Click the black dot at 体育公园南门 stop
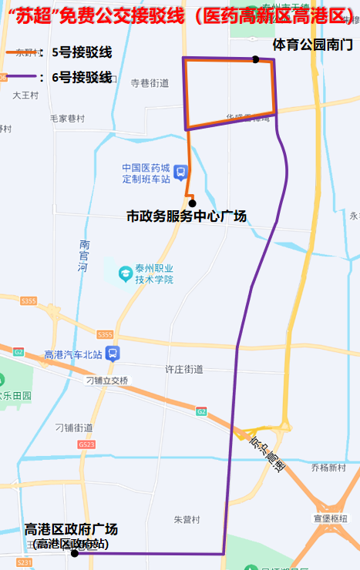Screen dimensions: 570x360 255,59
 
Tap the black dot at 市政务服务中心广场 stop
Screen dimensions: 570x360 192,203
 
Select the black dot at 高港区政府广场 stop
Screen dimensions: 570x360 75,553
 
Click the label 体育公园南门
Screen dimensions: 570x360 312,45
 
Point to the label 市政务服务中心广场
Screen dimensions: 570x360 187,217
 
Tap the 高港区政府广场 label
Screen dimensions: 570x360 71,529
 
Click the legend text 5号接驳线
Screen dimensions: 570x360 81,53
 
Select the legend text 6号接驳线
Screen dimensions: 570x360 81,77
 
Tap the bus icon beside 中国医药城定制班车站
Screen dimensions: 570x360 180,173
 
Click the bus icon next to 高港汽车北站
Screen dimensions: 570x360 113,354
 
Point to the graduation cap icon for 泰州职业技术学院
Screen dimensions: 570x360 124,273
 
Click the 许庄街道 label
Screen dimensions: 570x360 184,370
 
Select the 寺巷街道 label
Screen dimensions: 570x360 150,82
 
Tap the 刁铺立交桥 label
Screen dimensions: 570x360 108,381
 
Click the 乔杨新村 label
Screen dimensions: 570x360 328,468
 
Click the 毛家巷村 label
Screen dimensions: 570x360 67,119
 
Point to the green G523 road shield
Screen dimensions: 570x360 86,445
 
